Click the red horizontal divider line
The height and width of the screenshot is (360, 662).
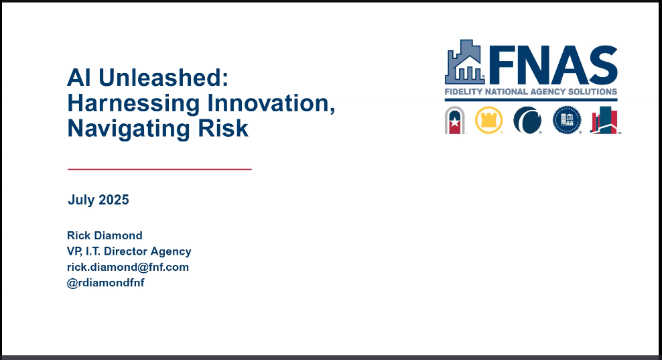(159, 170)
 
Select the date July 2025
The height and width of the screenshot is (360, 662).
(98, 200)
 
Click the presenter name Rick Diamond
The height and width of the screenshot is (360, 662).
(105, 235)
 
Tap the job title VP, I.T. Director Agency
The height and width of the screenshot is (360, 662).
(129, 251)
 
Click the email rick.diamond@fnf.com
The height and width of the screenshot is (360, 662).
(128, 267)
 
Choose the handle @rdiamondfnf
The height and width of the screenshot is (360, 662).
(106, 282)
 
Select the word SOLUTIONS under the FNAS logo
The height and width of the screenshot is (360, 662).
(592, 92)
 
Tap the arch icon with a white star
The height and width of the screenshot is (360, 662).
(456, 121)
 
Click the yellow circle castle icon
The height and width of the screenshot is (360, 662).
(489, 121)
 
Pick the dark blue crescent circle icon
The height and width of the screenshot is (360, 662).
(527, 121)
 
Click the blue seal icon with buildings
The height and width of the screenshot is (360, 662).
(566, 121)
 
